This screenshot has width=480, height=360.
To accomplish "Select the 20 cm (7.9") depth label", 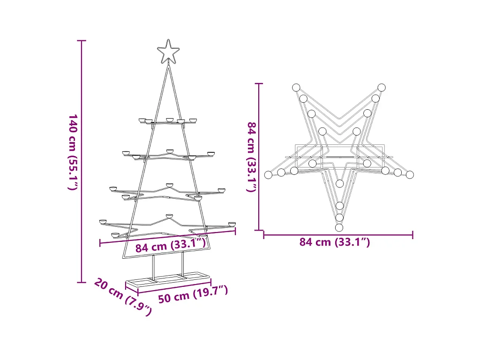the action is (x=123, y=296).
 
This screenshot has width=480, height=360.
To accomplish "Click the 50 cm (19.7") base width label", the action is (x=193, y=294).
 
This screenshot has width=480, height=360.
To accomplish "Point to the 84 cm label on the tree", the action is (x=171, y=246).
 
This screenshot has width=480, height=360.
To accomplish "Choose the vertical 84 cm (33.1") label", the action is (x=252, y=157).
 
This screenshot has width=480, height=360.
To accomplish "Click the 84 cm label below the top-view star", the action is (x=335, y=242).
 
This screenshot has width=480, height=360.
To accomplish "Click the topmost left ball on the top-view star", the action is (x=296, y=88).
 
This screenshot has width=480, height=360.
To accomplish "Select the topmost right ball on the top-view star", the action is (x=382, y=88).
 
